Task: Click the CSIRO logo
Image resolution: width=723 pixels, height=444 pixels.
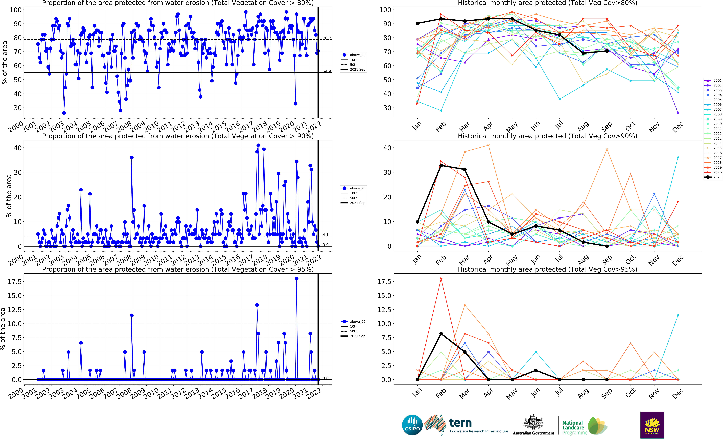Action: click(412, 425)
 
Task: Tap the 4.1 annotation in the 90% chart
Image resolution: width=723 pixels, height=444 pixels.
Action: click(326, 235)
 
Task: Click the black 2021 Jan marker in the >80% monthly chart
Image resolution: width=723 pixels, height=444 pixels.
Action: click(417, 24)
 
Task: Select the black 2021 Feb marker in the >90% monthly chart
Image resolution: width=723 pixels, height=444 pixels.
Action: click(441, 166)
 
